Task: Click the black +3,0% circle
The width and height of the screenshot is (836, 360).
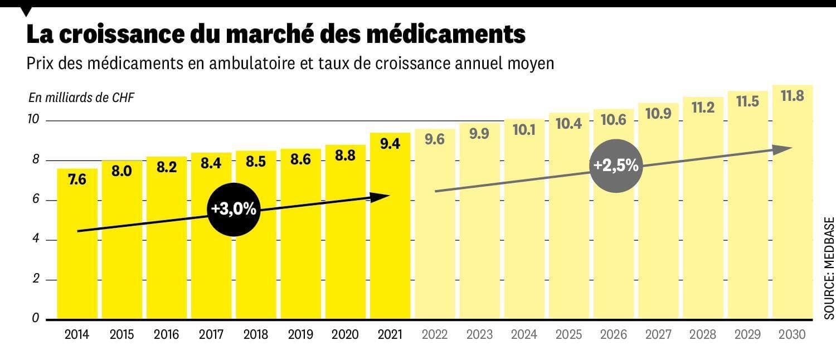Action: (x=234, y=209)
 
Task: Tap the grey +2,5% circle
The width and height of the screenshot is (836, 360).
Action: (x=616, y=166)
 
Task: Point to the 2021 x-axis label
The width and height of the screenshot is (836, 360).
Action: (x=390, y=334)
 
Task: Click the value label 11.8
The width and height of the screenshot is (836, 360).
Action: (x=792, y=96)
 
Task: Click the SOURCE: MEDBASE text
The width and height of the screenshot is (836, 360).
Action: (x=829, y=268)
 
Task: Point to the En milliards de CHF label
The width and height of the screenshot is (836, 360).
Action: (x=81, y=98)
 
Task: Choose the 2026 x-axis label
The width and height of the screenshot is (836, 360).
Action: (x=614, y=334)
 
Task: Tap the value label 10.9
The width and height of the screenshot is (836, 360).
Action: (x=658, y=114)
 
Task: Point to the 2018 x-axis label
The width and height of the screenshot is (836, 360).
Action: (x=255, y=334)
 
